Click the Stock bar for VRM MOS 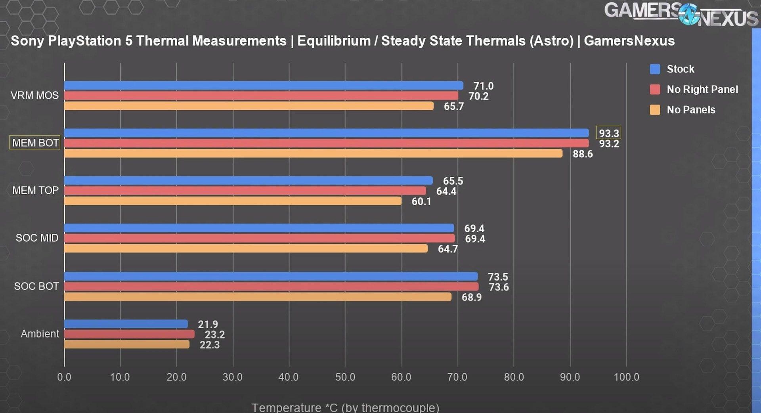pos(264,85)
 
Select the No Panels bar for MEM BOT pos(313,153)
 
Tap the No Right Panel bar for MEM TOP pos(245,191)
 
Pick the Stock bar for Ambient pos(126,324)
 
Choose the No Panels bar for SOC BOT pos(258,297)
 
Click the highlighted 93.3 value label pos(608,133)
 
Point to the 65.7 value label pos(453,107)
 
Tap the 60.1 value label pos(421,202)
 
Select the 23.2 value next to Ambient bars pos(214,335)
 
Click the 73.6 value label pos(498,287)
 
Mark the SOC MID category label pos(37,238)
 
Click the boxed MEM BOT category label pos(35,143)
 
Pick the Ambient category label pos(40,334)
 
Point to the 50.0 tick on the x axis pos(345,377)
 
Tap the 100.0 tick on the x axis pos(626,377)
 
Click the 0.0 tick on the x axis pos(64,377)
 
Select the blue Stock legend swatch pos(655,69)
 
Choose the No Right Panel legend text pos(702,90)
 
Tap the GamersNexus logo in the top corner pos(681,15)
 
